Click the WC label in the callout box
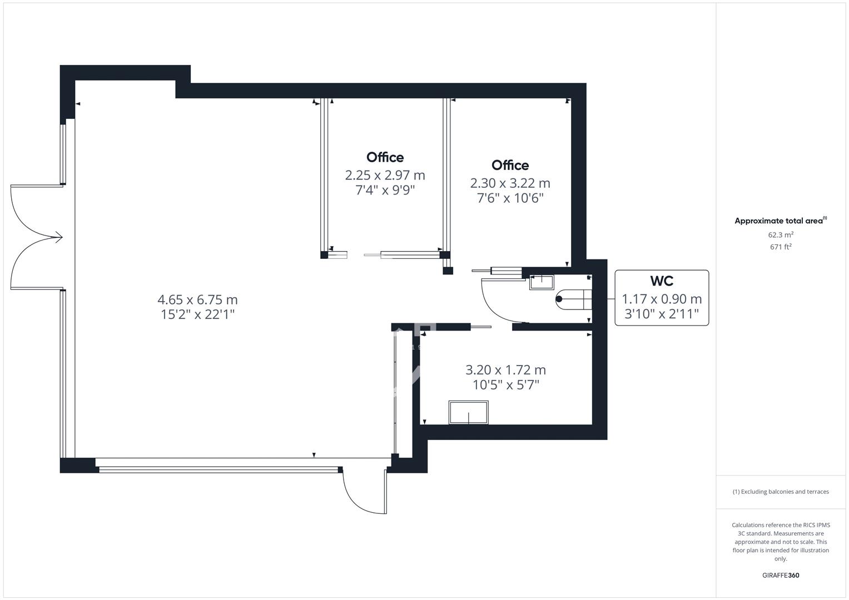click(662, 281)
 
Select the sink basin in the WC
click(541, 283)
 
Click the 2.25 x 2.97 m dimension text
click(385, 176)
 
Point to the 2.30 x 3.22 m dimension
click(510, 183)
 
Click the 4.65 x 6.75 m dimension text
click(197, 299)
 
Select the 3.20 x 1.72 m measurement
click(505, 369)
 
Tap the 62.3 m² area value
click(781, 235)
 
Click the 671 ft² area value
click(781, 247)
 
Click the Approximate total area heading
click(781, 221)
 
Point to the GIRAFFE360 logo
click(781, 576)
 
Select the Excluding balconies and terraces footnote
click(781, 492)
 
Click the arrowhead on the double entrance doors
click(59, 238)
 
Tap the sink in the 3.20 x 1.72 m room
click(469, 412)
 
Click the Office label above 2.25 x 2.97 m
click(385, 157)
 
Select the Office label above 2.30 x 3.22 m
click(510, 165)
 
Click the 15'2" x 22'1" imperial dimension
click(197, 314)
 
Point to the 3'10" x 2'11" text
click(662, 314)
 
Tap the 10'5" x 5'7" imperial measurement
click(505, 385)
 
